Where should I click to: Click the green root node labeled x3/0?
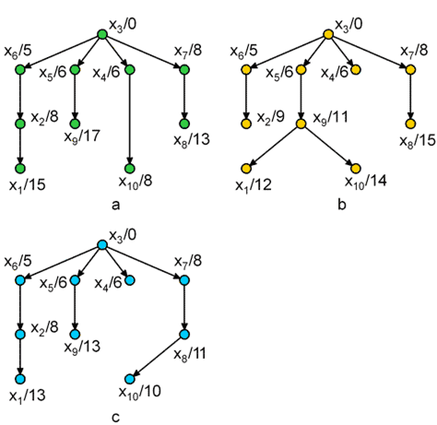102,34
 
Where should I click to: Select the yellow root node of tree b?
328,34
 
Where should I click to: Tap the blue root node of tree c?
102,245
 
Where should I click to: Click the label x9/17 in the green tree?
82,136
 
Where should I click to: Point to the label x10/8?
136,182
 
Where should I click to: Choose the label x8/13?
192,140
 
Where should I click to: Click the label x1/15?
28,185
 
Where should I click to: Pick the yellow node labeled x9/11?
301,124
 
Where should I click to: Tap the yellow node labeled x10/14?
356,168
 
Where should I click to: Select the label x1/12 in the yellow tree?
254,185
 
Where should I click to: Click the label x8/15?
418,140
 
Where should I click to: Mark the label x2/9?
271,117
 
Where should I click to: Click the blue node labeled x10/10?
130,379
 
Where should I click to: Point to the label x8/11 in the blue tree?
190,354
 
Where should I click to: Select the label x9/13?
82,347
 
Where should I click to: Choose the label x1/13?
28,395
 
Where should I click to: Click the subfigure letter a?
115,205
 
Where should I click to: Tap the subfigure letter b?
342,204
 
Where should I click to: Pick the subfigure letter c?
115,418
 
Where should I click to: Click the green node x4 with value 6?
130,70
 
